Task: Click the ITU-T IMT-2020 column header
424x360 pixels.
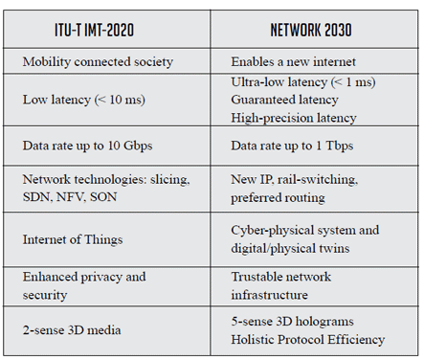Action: [94, 30]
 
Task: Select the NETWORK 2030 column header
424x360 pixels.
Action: [311, 30]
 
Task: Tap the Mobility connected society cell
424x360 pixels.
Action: [98, 61]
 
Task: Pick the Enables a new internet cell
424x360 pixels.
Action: [293, 61]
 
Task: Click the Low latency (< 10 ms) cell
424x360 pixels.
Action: [84, 100]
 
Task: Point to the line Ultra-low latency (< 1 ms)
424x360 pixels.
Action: [303, 82]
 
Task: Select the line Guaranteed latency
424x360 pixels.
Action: [284, 100]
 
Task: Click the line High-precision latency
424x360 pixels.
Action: [294, 118]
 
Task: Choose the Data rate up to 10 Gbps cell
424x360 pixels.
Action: [87, 146]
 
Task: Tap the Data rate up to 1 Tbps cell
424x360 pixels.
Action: [292, 146]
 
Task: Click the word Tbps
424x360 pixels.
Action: [340, 146]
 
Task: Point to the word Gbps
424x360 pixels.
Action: [138, 146]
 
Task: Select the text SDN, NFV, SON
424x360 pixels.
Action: [70, 197]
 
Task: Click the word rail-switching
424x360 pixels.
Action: [318, 179]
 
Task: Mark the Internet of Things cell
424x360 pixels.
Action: [73, 239]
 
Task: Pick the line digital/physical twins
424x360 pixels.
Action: [290, 248]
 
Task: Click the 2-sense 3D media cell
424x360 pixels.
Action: [72, 329]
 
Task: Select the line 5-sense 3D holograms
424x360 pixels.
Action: [292, 322]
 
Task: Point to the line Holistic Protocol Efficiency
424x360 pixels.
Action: [308, 339]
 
